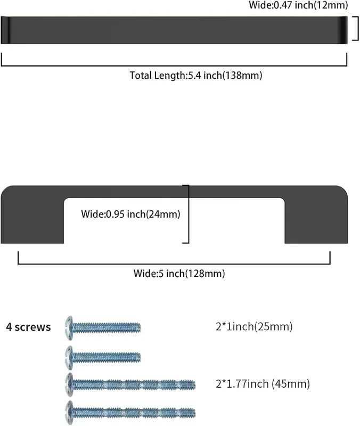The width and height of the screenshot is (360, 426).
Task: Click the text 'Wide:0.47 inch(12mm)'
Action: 298,5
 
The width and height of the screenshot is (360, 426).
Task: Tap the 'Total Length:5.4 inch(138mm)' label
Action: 196,75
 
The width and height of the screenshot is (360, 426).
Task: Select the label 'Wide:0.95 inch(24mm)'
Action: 130,214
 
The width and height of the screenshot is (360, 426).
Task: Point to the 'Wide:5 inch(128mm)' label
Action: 179,273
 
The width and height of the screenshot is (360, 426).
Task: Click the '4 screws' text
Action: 28,327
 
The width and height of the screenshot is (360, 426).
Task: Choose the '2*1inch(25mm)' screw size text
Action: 254,326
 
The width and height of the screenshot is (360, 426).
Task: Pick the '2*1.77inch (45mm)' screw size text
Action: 263,384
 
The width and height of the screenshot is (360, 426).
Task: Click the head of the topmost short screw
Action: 69,327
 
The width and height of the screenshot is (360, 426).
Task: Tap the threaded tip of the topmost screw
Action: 137,327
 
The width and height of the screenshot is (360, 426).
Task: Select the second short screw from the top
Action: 103,357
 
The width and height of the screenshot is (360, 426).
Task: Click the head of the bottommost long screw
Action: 69,413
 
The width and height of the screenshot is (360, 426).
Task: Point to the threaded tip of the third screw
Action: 191,385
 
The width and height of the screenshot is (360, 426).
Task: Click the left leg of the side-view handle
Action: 32,220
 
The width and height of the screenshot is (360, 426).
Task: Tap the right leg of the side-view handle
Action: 316,220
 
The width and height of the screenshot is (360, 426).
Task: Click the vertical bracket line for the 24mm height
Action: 189,214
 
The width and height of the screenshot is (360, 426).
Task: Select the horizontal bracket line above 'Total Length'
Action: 174,65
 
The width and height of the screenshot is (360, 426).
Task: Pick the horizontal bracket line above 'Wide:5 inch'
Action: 174,264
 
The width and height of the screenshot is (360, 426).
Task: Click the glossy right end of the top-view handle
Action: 343,30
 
